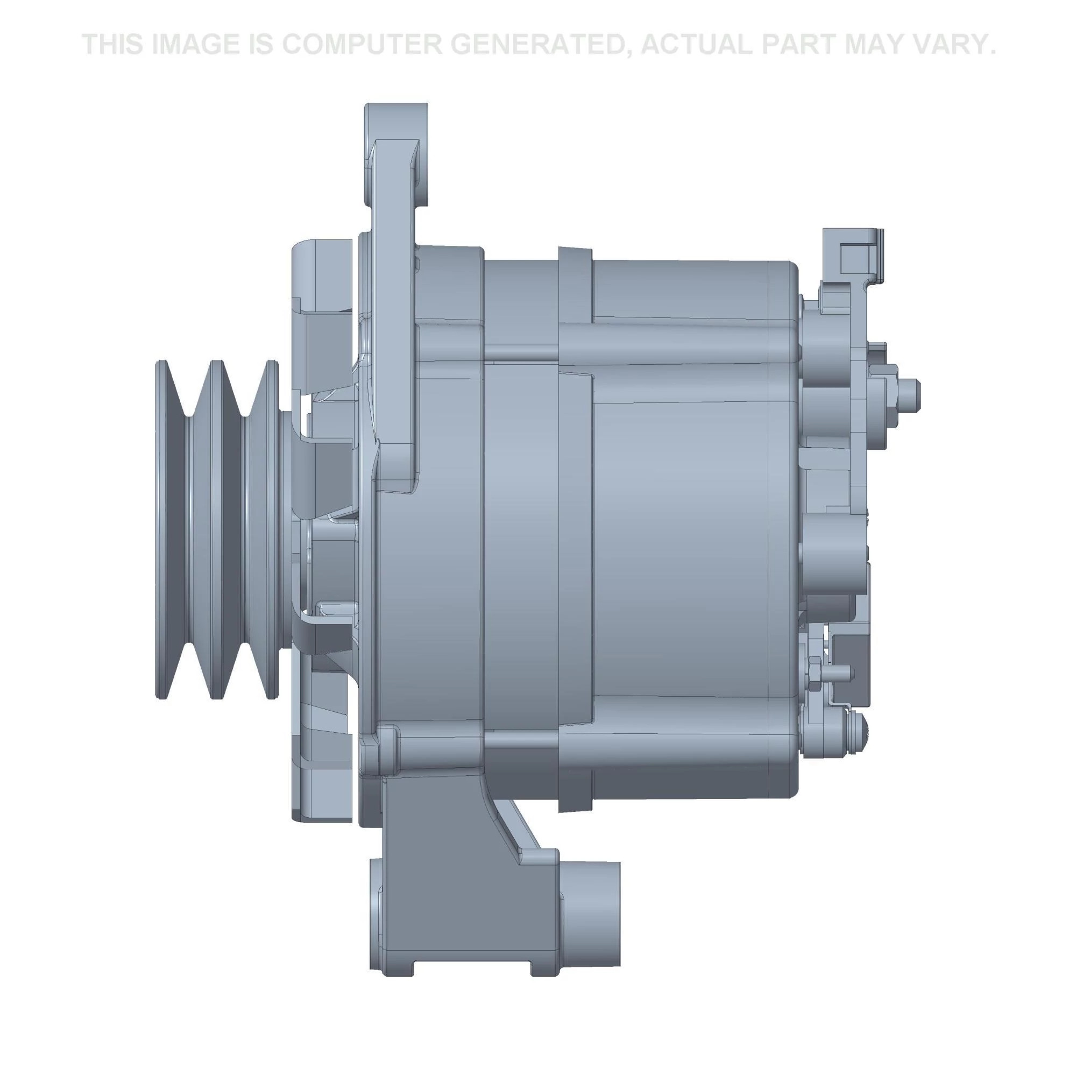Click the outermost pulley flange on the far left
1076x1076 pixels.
click(161, 529)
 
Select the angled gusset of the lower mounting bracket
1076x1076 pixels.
click(515, 830)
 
